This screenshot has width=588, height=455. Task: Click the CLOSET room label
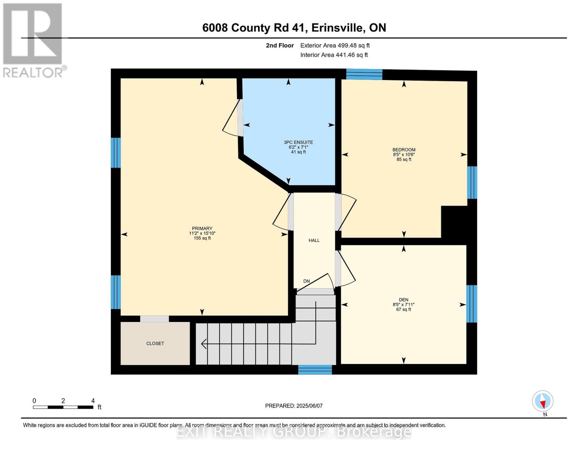pos(155,344)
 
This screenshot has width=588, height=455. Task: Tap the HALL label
pos(314,240)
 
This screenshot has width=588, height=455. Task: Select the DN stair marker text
pos(306,281)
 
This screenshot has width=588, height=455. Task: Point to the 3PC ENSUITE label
pos(298,143)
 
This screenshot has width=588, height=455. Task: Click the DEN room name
pos(403,300)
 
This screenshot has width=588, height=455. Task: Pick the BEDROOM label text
pos(404,150)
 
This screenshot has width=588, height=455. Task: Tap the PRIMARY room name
pos(202,229)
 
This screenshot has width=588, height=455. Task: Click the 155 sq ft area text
pos(202,238)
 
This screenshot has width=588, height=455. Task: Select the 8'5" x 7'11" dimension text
pos(403,304)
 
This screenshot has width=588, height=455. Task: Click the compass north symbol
pos(543,401)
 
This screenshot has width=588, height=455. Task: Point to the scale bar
pos(63,407)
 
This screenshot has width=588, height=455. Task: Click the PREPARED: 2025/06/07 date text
pos(294,406)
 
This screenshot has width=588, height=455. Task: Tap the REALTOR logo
pos(33,39)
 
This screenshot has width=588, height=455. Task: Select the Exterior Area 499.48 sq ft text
pos(335,45)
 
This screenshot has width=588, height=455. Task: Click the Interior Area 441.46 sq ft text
pos(334,55)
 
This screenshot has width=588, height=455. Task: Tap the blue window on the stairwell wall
pos(315,369)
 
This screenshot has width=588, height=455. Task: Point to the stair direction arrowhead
pos(204,344)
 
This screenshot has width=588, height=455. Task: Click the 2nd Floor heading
pos(280,45)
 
